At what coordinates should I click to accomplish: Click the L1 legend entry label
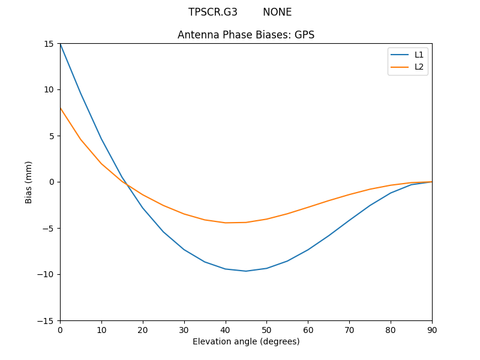(419, 55)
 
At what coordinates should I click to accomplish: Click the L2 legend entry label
(419, 67)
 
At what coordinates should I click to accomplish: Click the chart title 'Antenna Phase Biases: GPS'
(246, 35)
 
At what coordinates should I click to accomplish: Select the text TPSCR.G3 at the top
(213, 12)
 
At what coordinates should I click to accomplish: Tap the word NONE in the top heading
(277, 12)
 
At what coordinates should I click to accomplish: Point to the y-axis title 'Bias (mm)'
(29, 182)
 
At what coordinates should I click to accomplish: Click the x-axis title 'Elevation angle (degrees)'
(246, 341)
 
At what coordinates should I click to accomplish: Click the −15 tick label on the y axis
(47, 320)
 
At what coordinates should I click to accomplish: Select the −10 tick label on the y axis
(47, 274)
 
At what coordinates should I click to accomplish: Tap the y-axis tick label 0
(52, 182)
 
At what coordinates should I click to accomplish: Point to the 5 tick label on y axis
(52, 136)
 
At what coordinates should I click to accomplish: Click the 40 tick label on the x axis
(226, 329)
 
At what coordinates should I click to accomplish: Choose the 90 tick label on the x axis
(432, 329)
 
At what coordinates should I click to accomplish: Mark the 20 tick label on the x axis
(143, 329)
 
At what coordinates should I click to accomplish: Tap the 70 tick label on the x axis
(349, 329)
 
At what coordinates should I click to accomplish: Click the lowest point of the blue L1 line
(246, 271)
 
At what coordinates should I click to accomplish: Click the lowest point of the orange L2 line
(226, 223)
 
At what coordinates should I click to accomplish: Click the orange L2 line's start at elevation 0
(60, 108)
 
